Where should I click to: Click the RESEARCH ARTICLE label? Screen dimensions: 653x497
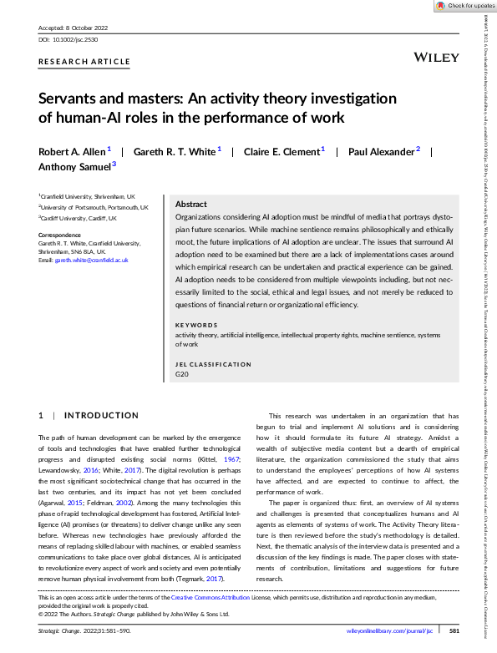pos(84,62)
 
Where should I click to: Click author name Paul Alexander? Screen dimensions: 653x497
pos(383,152)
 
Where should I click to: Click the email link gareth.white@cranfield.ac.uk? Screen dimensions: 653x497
pos(97,261)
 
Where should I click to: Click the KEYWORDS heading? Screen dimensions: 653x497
pos(196,324)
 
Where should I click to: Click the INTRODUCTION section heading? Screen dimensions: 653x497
pos(101,415)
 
